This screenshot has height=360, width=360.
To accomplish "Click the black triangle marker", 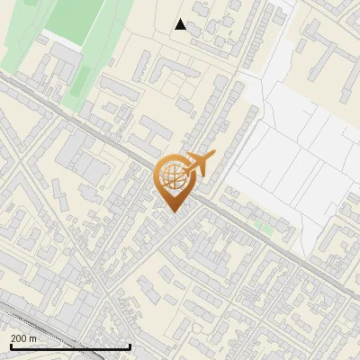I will (181, 24).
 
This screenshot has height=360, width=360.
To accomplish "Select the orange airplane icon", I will (199, 166).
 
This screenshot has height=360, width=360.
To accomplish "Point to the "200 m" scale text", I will (24, 338).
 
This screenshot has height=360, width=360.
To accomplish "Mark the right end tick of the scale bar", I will (130, 345).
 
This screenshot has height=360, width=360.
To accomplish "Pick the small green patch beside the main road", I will (263, 226).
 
